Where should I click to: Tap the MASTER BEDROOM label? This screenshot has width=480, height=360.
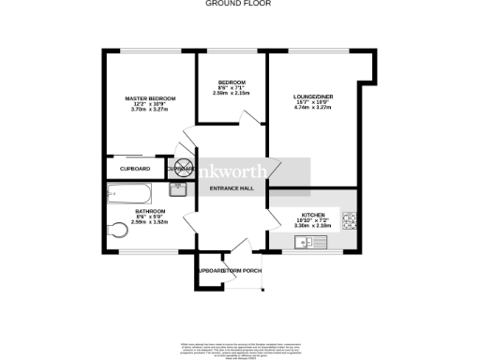pos(150,97)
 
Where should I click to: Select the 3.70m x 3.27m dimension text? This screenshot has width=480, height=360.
pos(150,111)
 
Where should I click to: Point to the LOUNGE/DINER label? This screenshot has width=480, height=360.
pos(312,97)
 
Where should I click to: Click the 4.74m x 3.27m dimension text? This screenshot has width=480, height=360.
pos(312,108)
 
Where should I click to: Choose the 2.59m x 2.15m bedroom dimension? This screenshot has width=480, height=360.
pos(231,93)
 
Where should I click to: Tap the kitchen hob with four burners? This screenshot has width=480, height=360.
pos(349,222)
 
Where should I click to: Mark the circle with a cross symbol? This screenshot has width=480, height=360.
pos(180,168)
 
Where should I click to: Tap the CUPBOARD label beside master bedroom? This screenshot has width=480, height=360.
pos(135,168)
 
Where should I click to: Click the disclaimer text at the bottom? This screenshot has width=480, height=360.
pos(239,348)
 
